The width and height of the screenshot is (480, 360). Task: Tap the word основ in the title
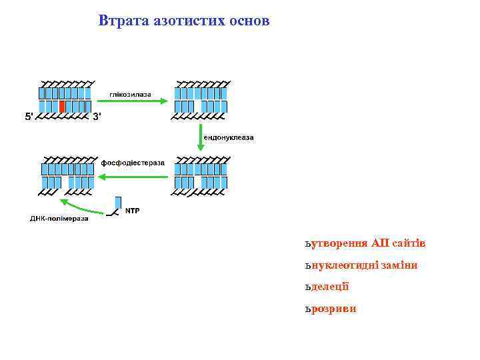[x=249, y=21]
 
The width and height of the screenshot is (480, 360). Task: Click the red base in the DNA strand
[x=62, y=107]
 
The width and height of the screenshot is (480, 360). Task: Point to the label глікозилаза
[x=131, y=94]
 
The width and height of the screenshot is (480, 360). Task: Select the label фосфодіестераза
[x=133, y=163]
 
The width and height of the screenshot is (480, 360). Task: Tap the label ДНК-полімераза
[x=59, y=218]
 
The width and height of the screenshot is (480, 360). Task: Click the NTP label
[x=133, y=211]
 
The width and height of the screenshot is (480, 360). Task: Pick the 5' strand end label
[x=29, y=117]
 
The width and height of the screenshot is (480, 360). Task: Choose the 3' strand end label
[x=97, y=117]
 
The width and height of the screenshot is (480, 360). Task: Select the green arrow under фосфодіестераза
[x=133, y=176]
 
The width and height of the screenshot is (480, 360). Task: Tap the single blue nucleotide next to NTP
[x=118, y=203]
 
